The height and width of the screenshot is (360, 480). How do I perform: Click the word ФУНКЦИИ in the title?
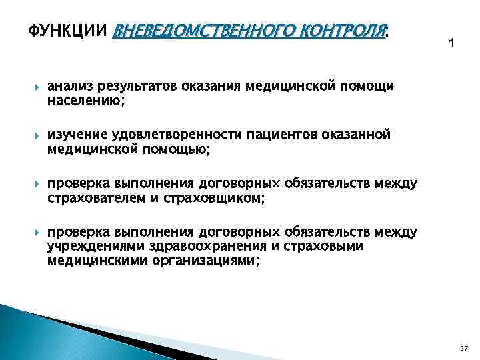69,31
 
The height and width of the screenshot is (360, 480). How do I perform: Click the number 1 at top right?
451,43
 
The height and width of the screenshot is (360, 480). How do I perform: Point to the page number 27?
463,348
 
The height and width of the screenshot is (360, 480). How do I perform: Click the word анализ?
70,87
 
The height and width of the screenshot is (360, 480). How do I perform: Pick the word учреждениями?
90,247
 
